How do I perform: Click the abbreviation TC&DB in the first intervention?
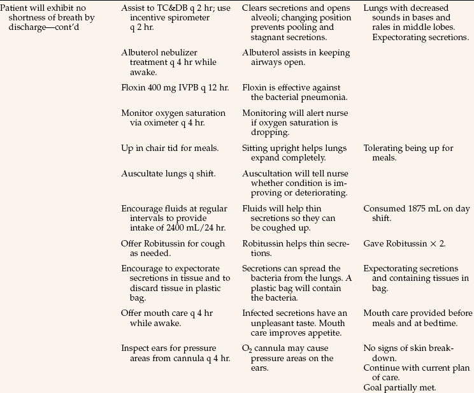coord(176,8)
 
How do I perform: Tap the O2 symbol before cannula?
coord(248,348)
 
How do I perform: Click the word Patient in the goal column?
coord(13,8)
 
